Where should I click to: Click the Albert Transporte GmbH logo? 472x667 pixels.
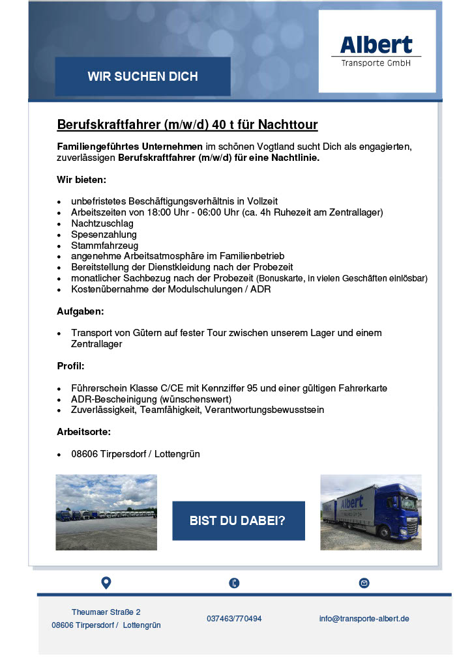pos(377,51)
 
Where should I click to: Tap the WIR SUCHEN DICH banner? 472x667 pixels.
pos(143,77)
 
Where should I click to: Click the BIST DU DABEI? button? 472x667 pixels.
pos(238,520)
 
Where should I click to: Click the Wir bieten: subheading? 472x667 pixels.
pos(81,178)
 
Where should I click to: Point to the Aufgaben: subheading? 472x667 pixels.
pos(80,312)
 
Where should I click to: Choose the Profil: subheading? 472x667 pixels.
pos(70,366)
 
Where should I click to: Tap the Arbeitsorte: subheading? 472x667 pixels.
pos(84,432)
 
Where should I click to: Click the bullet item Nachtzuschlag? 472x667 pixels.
pos(102,223)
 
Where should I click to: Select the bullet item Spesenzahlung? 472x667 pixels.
pos(104,234)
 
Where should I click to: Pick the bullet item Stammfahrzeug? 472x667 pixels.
pos(105,246)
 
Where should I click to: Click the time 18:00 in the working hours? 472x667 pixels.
pos(170,212)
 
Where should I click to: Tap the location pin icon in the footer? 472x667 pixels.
pos(106,582)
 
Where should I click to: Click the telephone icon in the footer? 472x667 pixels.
pos(234,583)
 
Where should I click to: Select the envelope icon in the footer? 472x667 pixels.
pos(364,583)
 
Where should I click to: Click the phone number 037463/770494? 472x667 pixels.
pos(234,618)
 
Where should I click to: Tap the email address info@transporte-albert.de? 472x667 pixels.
pos(364,618)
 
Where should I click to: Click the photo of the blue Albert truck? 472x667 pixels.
pos(370,512)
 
